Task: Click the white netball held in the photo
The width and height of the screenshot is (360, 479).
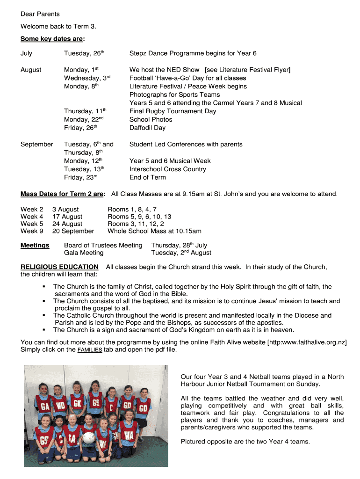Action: [x=89, y=438]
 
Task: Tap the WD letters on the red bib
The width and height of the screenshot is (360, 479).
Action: [x=60, y=406]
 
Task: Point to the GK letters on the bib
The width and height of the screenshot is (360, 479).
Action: [x=77, y=403]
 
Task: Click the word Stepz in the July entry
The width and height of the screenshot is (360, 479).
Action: [x=138, y=53]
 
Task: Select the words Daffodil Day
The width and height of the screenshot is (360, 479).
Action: [x=147, y=128]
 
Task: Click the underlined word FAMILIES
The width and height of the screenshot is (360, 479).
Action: [x=90, y=350]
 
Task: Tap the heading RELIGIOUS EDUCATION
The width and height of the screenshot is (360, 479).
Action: [x=59, y=267]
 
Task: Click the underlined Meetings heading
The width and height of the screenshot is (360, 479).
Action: [x=35, y=246]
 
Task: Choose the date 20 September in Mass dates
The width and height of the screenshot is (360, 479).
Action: [x=73, y=231]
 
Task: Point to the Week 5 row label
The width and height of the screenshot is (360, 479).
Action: [x=32, y=224]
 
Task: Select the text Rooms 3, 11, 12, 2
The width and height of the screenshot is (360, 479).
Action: [x=136, y=224]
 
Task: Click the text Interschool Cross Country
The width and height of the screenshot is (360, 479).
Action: [x=167, y=169]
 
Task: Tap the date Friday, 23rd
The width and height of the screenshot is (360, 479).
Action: [x=80, y=177]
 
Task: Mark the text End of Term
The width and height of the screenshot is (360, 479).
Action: [x=147, y=177]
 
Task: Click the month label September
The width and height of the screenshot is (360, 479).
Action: [x=37, y=145]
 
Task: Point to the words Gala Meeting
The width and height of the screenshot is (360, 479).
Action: [x=84, y=253]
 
